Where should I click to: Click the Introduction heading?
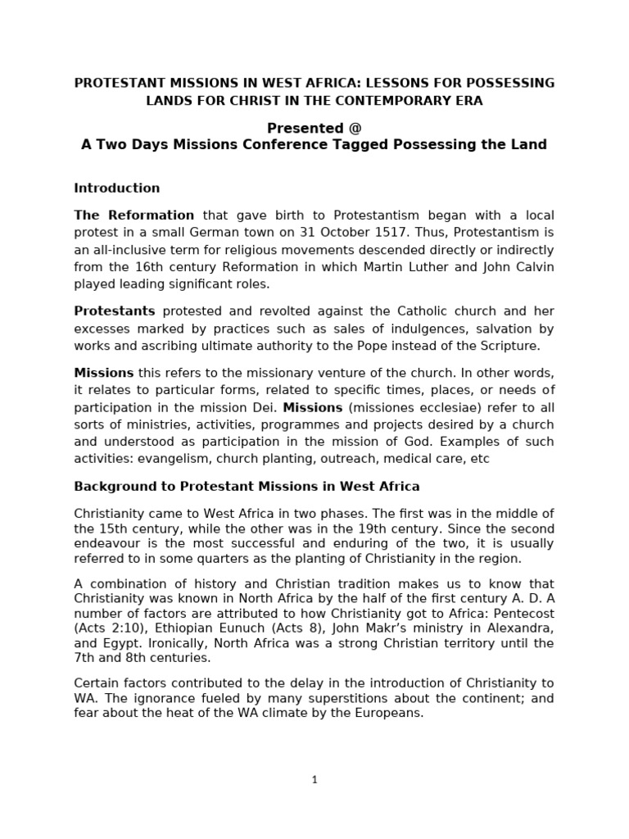click(x=117, y=188)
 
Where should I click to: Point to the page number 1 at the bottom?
click(x=314, y=780)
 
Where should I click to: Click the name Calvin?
click(x=533, y=267)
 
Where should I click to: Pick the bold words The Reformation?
click(x=134, y=215)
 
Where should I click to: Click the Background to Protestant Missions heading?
click(x=247, y=487)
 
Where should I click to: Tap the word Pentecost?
click(x=524, y=614)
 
